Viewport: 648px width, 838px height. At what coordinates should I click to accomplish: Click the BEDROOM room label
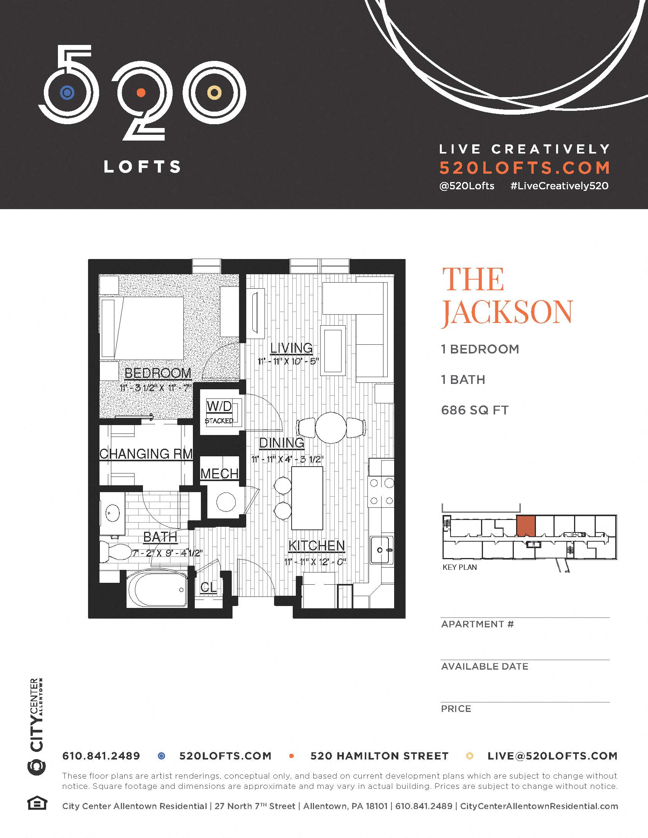158,373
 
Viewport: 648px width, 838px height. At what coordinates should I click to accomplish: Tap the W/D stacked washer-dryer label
219,406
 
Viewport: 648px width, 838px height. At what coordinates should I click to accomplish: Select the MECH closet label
219,474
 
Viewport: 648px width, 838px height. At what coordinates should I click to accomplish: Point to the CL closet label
209,587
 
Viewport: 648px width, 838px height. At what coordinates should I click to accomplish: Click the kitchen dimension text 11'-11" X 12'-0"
315,562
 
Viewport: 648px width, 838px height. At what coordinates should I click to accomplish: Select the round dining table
331,427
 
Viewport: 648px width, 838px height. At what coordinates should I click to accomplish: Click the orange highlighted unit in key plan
526,526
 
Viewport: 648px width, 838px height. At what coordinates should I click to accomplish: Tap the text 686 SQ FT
475,410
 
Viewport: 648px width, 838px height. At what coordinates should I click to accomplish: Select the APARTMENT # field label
477,624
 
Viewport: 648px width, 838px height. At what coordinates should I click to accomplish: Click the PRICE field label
456,709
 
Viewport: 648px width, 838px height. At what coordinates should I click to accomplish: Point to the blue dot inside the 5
67,93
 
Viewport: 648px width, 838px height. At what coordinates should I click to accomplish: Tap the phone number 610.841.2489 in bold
101,756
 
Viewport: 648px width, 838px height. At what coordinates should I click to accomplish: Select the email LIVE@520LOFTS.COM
552,756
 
